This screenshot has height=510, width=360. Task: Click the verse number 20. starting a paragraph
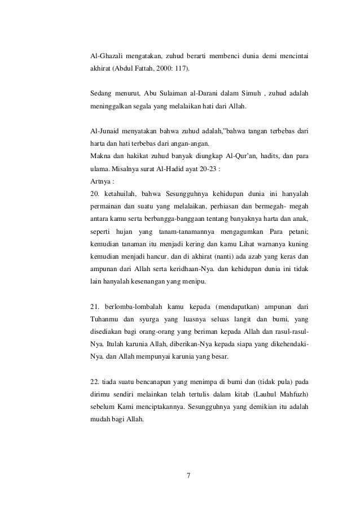(x=95, y=194)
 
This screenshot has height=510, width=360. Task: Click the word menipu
(x=193, y=281)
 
